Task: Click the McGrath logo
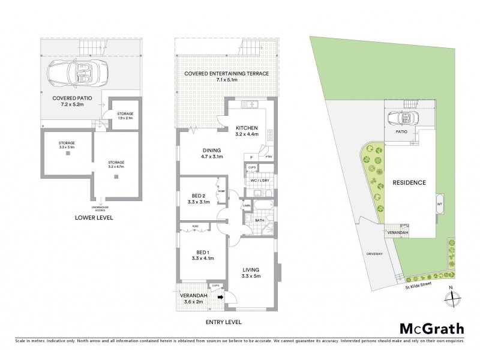click(x=431, y=328)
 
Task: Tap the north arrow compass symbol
click(x=454, y=298)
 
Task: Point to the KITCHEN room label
click(x=247, y=128)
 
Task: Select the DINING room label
click(x=211, y=151)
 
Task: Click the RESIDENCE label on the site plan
click(x=409, y=182)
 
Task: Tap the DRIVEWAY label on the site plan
click(x=374, y=254)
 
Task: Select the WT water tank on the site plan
click(x=440, y=203)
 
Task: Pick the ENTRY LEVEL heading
click(x=224, y=322)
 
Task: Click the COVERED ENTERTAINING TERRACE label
click(x=227, y=74)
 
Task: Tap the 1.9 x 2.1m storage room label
click(x=125, y=116)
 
